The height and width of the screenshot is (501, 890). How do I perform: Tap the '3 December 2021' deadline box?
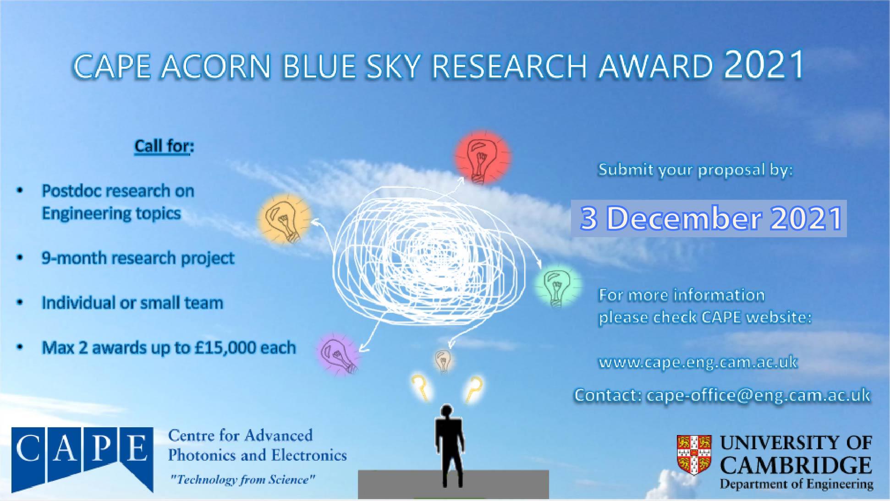tap(709, 218)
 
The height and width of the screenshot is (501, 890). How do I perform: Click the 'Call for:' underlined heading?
tap(164, 146)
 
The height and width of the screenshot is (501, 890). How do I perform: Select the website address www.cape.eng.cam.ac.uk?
tap(698, 362)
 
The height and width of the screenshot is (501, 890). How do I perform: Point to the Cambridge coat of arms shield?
tap(694, 455)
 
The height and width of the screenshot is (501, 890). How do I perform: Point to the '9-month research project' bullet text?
tap(138, 258)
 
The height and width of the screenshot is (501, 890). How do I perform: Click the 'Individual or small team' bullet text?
tap(132, 303)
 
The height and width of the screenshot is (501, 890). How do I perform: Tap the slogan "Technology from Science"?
tap(242, 480)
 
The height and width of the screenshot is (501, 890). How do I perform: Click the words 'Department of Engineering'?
tap(796, 484)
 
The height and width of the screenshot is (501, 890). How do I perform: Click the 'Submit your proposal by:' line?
tap(695, 170)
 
